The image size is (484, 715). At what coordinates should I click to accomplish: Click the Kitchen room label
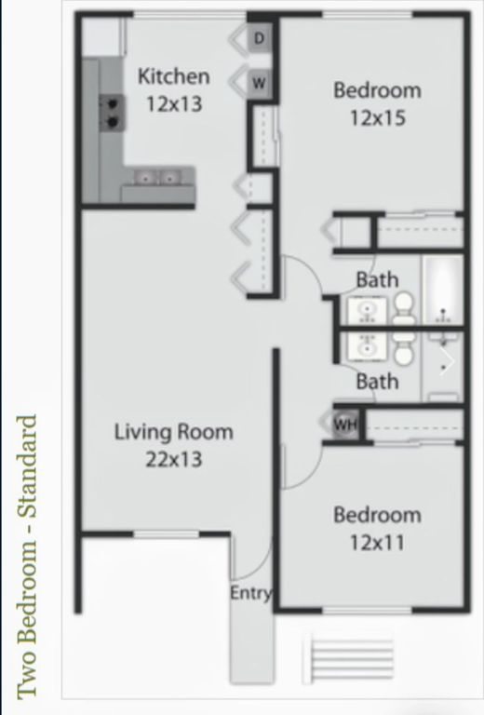(173, 76)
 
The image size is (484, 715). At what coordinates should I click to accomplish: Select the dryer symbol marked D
(260, 38)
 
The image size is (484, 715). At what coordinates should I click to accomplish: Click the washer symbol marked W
(260, 83)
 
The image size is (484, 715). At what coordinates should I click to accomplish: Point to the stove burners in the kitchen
(112, 112)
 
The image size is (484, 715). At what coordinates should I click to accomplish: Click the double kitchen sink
(158, 177)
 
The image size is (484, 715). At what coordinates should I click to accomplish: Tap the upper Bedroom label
(377, 90)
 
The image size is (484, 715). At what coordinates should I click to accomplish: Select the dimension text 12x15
(377, 118)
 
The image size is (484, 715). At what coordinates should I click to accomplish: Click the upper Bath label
(377, 279)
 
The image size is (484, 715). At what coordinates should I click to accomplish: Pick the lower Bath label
(377, 381)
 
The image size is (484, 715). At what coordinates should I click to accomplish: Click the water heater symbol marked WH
(345, 425)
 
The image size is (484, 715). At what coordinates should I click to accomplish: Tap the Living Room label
(173, 432)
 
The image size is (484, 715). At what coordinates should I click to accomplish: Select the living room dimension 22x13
(173, 459)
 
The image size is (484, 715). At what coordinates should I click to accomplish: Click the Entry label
(251, 593)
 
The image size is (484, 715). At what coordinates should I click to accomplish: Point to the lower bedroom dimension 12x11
(377, 541)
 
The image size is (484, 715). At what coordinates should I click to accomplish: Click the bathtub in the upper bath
(443, 290)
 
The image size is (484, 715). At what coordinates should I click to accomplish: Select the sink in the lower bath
(367, 347)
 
